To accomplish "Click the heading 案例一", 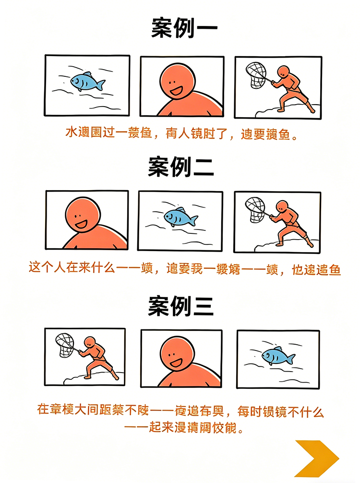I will pos(184,29).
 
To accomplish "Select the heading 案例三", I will pos(180,306).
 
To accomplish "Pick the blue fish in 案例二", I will pos(180,217).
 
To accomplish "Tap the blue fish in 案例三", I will pos(277,356).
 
